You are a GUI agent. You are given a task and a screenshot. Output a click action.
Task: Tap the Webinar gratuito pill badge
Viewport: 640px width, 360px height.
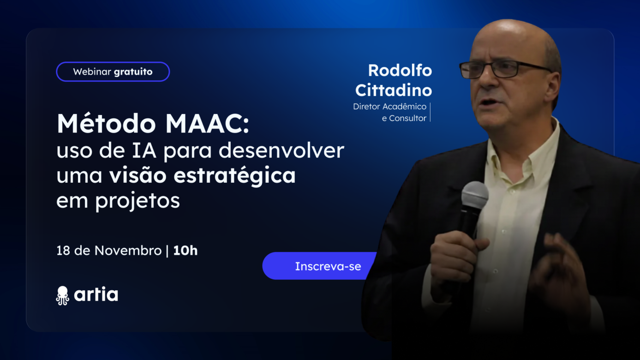click(x=113, y=72)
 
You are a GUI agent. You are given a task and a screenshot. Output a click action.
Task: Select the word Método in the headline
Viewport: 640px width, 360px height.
click(x=106, y=124)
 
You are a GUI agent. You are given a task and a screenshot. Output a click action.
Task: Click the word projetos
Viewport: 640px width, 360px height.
click(x=138, y=201)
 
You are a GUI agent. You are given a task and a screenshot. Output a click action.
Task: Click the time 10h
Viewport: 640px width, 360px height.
click(x=185, y=251)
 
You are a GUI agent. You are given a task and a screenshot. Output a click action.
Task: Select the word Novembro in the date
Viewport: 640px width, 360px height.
click(x=128, y=251)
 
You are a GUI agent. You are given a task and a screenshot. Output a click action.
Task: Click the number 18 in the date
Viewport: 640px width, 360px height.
click(x=63, y=251)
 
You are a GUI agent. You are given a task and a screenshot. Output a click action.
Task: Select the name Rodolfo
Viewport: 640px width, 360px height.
click(x=400, y=71)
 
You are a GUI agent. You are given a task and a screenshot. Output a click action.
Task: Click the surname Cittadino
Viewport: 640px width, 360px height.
click(x=393, y=90)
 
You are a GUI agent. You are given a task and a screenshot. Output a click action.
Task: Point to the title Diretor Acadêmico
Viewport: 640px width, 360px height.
click(x=389, y=107)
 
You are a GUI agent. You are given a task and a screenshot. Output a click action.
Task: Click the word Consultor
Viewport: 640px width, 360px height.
click(x=407, y=118)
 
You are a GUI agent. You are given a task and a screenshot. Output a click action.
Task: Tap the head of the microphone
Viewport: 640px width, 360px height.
click(x=475, y=194)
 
